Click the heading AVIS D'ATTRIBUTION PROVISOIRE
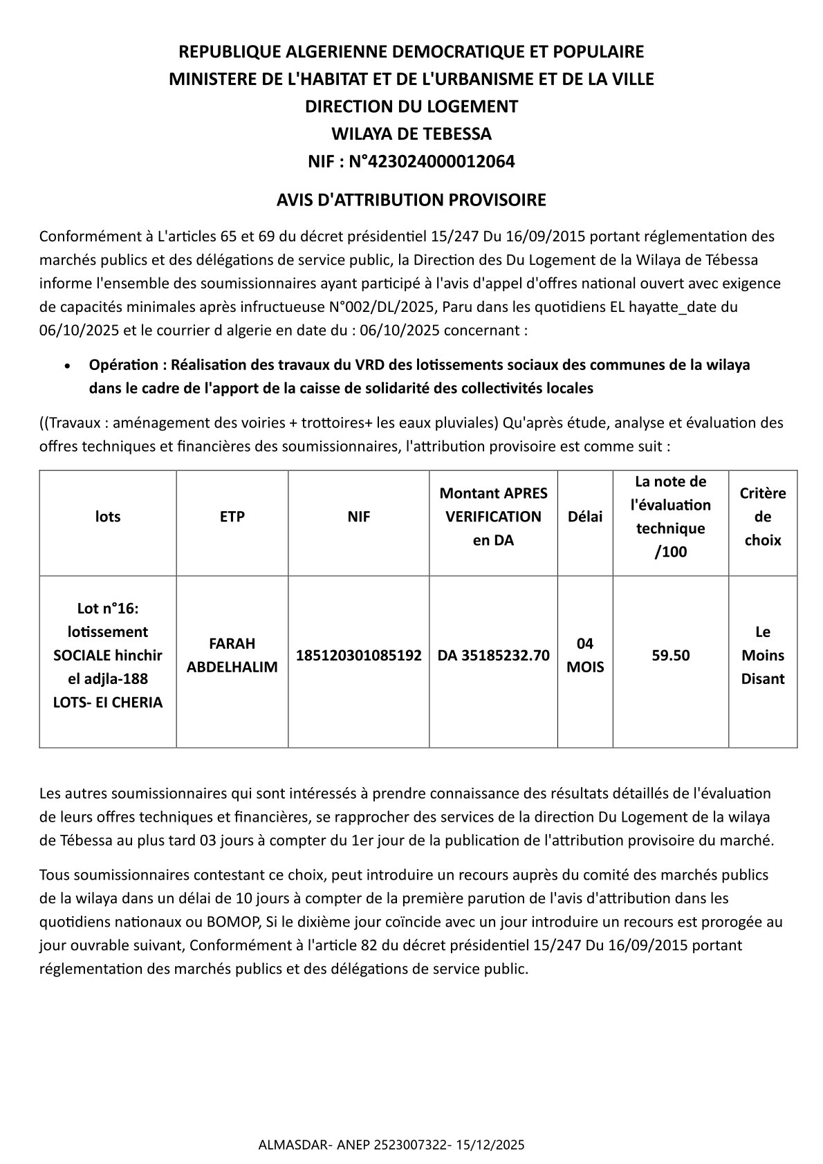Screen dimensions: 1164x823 [x=411, y=200]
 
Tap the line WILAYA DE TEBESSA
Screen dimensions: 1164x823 [x=411, y=133]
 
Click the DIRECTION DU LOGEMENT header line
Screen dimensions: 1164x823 [x=411, y=107]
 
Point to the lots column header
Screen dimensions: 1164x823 [x=108, y=517]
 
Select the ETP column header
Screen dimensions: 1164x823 [x=232, y=517]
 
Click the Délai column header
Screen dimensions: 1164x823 [x=584, y=517]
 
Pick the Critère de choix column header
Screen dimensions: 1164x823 [x=762, y=517]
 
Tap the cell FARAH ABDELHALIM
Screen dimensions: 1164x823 [x=232, y=655]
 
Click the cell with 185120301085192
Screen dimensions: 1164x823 [x=358, y=655]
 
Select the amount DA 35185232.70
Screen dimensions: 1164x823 [x=493, y=655]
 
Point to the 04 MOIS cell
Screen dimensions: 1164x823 [x=584, y=655]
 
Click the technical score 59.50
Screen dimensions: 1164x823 [x=670, y=655]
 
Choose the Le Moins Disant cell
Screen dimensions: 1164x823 [x=762, y=655]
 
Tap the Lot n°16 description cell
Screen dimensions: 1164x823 [x=108, y=655]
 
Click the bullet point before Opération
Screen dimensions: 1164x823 [x=67, y=365]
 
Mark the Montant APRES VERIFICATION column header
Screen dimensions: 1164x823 [x=493, y=517]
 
